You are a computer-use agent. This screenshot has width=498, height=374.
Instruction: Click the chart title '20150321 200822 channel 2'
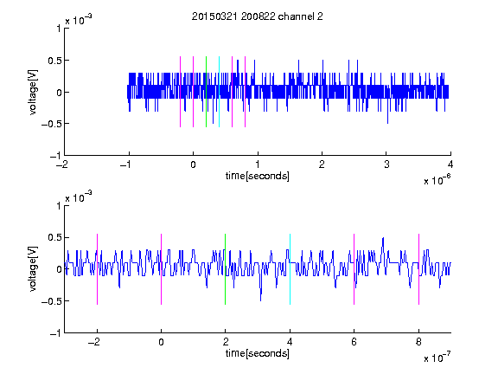point(258,16)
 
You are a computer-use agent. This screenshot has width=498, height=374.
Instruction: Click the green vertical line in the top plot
point(206,92)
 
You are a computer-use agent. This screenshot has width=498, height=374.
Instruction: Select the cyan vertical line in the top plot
point(219,92)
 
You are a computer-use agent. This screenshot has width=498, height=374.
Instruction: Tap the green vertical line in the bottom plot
point(225,269)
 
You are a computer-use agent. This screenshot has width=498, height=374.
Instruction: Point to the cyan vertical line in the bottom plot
point(290,269)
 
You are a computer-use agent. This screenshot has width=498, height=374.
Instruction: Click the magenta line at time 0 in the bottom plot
point(161,269)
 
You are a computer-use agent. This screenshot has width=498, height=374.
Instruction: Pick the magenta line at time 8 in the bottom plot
point(418,269)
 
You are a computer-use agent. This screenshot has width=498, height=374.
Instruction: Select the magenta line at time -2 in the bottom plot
point(97,269)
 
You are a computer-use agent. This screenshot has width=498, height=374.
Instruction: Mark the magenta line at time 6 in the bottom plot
point(354,269)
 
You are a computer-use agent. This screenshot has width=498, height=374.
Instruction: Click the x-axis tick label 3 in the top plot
point(386,164)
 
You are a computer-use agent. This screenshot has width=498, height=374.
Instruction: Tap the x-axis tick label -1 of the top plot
point(126,164)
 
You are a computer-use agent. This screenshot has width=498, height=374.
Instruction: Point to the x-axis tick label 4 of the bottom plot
point(290,342)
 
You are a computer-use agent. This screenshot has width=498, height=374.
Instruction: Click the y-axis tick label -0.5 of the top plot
point(51,124)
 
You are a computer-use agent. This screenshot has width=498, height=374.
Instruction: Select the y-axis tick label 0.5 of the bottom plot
point(54,237)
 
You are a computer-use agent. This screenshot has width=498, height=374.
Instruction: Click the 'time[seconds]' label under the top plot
point(258,176)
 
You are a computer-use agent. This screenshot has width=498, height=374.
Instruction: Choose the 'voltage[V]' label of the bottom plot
point(33,269)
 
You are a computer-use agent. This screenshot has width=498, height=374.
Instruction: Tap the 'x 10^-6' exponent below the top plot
point(437,179)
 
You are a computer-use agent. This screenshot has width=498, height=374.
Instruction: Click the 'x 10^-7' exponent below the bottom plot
point(437,357)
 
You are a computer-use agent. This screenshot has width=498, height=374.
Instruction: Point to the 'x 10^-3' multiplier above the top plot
point(79,20)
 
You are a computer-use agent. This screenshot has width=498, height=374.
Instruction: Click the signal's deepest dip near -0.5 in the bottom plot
point(261,300)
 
